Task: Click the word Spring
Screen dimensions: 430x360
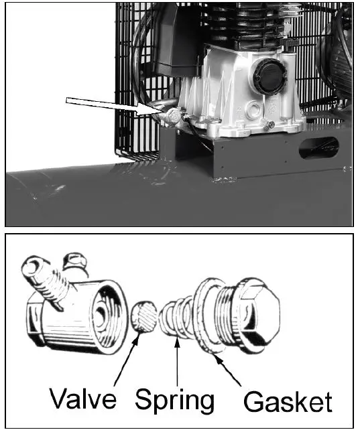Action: pos(175,399)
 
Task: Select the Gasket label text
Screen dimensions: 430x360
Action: pos(288,401)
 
